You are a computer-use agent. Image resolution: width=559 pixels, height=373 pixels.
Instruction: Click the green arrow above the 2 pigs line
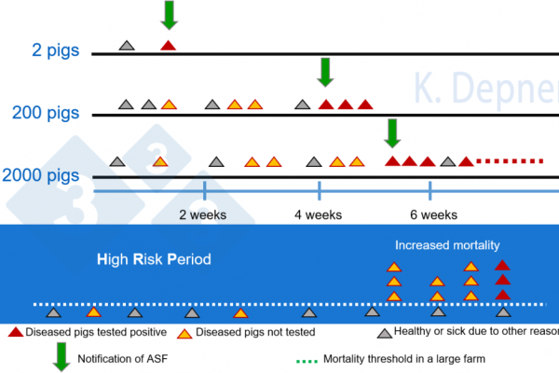[169, 14]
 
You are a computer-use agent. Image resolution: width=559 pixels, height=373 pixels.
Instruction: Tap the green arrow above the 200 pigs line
[325, 71]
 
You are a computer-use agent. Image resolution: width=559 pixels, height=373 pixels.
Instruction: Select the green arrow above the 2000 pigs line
[392, 132]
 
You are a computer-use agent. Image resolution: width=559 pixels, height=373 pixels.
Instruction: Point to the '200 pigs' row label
[46, 113]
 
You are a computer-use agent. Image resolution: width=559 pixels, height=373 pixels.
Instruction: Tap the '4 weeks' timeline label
[319, 215]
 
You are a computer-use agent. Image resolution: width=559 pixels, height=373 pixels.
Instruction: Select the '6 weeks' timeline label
[433, 215]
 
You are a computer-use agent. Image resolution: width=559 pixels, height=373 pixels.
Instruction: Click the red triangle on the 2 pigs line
[168, 45]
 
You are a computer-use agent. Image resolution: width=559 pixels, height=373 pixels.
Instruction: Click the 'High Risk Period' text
[154, 258]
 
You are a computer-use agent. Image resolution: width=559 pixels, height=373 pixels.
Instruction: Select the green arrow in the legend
[62, 355]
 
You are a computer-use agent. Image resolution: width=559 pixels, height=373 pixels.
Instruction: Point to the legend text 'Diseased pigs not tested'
[259, 332]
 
